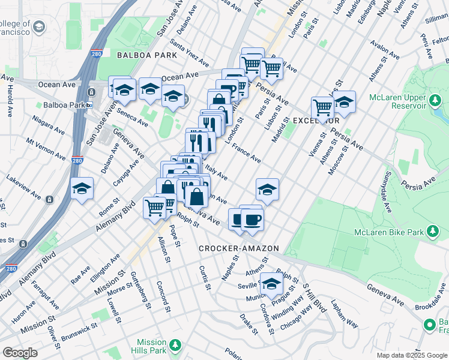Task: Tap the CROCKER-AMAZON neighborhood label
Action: tap(239, 248)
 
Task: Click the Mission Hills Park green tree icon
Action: tap(175, 345)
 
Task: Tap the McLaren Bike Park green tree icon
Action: tap(432, 232)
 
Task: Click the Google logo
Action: tap(20, 353)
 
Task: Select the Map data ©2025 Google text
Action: tap(411, 355)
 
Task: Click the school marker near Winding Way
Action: tap(271, 284)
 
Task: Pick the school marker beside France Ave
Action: tap(267, 190)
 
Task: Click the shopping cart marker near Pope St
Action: tap(155, 208)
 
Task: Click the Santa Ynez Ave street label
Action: tap(189, 53)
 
